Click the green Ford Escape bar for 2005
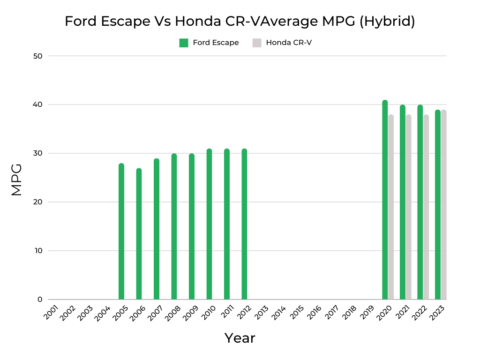tap(121, 232)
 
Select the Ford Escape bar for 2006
tap(139, 234)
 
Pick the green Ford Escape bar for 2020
tap(385, 200)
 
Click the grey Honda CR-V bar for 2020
tap(391, 207)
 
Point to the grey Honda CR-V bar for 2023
tap(443, 205)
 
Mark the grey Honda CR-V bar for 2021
tap(408, 207)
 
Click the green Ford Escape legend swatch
tap(184, 43)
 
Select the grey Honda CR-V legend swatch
tap(257, 43)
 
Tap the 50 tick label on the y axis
tap(38, 56)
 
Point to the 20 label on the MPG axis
tap(38, 202)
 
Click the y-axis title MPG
tap(17, 180)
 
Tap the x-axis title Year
tap(240, 338)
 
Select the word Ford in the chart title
tap(79, 22)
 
